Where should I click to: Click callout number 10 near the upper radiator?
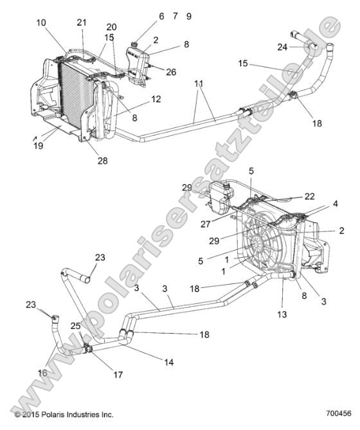[x=41, y=22]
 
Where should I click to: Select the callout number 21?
[x=81, y=22]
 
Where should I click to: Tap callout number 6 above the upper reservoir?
[x=161, y=16]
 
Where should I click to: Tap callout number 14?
[x=169, y=363]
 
